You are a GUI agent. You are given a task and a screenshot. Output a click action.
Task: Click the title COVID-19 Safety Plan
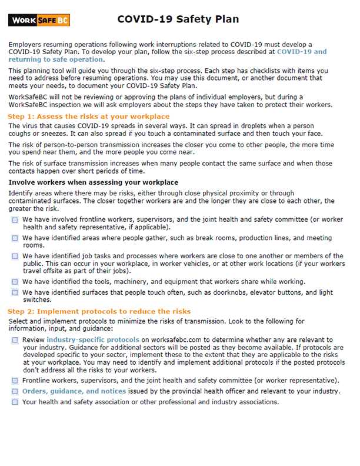point(178,19)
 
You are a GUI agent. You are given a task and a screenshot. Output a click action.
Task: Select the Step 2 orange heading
point(99,311)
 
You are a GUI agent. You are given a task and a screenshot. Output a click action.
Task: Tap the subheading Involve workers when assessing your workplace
point(94,182)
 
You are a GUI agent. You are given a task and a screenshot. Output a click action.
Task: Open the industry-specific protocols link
point(93,340)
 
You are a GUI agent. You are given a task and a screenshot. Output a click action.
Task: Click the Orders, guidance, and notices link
point(82,391)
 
